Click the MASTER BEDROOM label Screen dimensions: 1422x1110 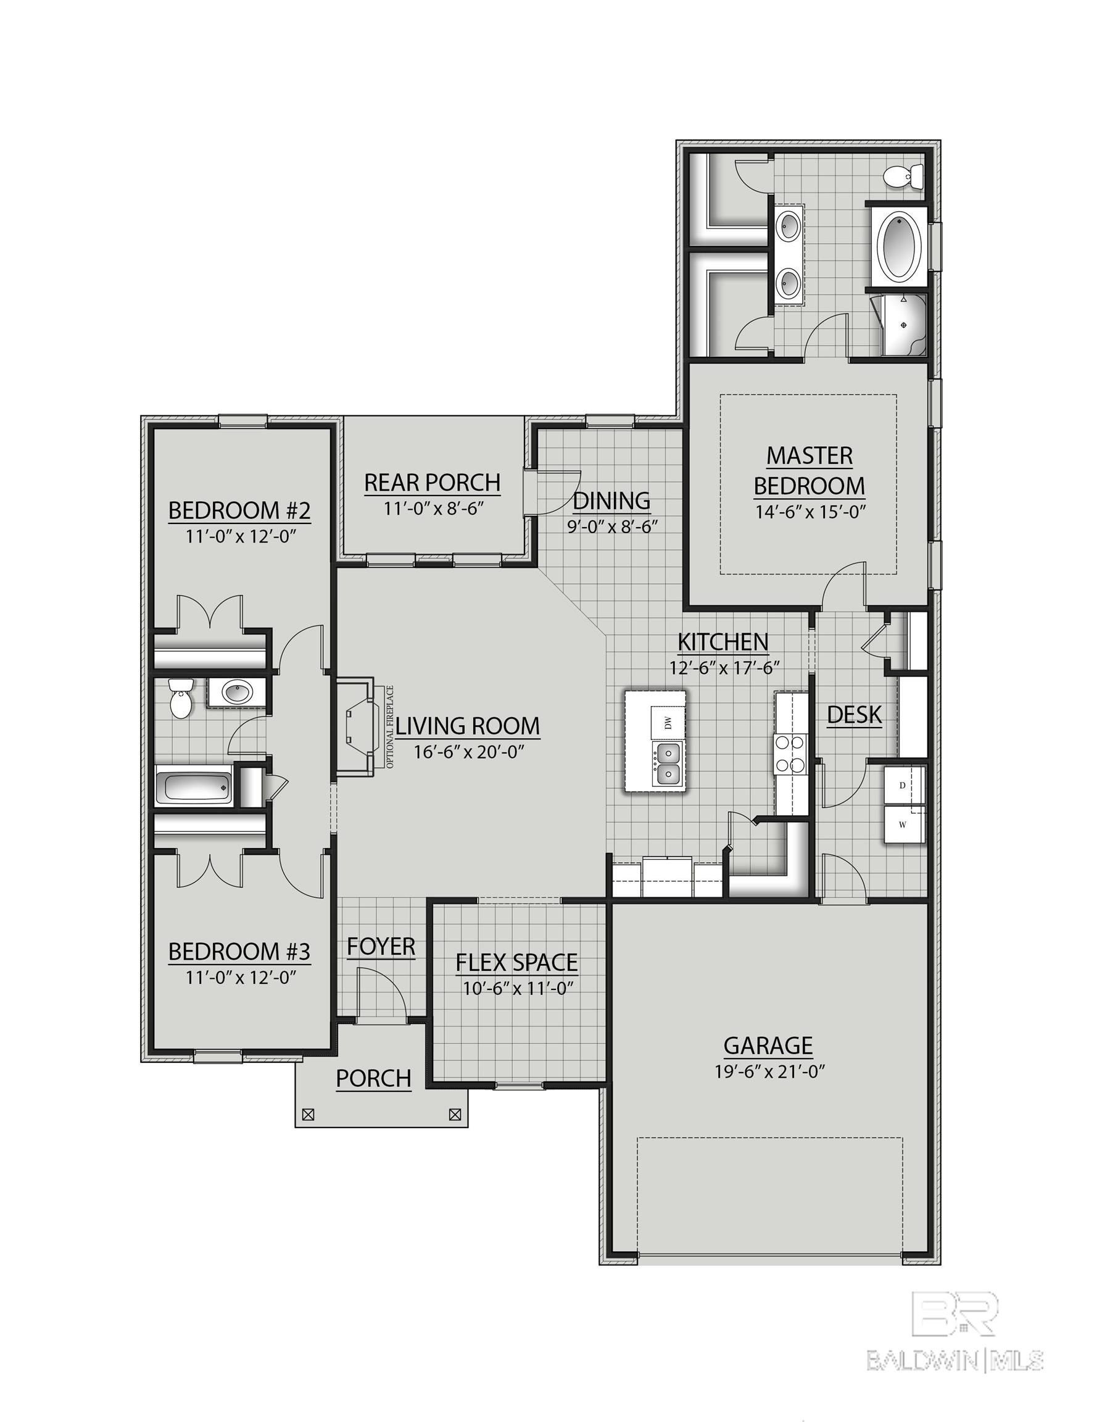810,471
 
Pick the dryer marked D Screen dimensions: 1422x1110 903,786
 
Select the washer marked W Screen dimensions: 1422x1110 903,825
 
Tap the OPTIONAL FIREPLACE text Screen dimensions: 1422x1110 390,726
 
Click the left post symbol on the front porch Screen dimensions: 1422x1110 309,1115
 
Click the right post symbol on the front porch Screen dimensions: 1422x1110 455,1115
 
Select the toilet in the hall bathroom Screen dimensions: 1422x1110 179,698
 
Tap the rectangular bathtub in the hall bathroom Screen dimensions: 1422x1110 194,788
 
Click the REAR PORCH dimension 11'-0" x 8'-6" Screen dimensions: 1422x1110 433,508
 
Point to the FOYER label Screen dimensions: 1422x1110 381,946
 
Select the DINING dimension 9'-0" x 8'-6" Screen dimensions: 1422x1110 612,525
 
